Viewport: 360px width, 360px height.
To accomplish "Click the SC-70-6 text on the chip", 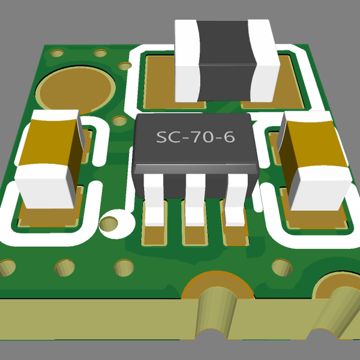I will pos(196,137).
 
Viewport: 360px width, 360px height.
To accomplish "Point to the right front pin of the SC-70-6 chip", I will pos(233,203).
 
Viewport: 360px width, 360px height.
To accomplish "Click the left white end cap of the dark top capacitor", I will pos(187,60).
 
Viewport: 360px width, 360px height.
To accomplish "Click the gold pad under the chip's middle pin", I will pos(194,235).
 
